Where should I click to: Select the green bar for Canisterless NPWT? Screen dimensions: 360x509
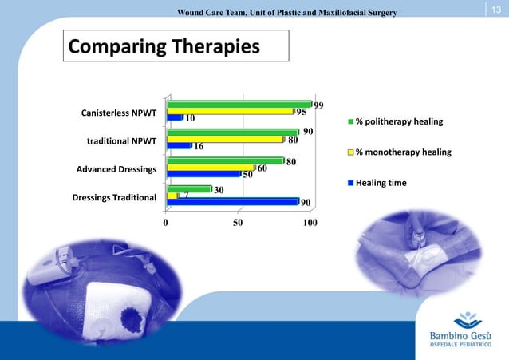tap(239, 104)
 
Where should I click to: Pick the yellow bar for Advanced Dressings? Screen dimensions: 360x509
tap(210, 168)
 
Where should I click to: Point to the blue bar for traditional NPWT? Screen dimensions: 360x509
tap(179, 146)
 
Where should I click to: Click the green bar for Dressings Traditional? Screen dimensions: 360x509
tap(188, 189)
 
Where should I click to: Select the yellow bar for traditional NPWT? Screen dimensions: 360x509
tap(224, 139)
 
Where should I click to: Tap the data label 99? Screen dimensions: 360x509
tap(318, 105)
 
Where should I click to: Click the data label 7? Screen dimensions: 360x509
tap(186, 195)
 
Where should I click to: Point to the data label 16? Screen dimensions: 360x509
tap(199, 147)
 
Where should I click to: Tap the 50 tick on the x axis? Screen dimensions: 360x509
tap(238, 223)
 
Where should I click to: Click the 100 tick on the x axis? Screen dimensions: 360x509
tap(310, 223)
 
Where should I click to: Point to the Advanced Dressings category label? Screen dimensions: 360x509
tap(116, 169)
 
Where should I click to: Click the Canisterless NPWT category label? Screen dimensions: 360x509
tap(119, 112)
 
